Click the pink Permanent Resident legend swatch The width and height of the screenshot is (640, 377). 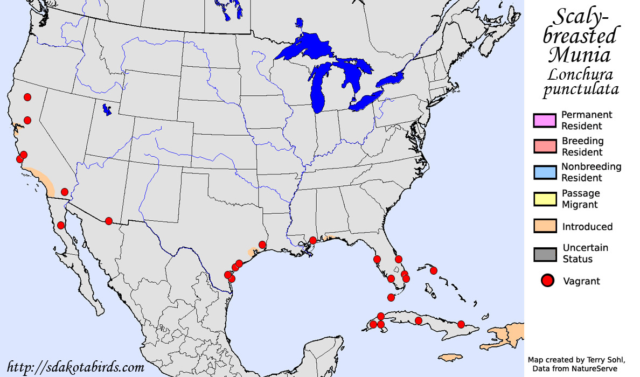[544, 121]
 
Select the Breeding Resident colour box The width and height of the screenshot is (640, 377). [544, 146]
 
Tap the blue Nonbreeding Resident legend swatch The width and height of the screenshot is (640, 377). [544, 172]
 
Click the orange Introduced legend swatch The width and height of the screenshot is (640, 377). [544, 226]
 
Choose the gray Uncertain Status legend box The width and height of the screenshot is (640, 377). [544, 254]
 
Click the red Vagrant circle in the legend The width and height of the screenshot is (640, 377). [548, 281]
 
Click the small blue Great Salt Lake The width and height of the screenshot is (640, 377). [108, 110]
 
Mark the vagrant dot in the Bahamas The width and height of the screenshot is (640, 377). [434, 270]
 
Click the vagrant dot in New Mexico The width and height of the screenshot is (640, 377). [109, 221]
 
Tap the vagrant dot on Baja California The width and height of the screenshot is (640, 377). [61, 225]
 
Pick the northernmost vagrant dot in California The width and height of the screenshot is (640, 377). [27, 97]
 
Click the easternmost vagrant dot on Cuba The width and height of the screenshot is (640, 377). [461, 324]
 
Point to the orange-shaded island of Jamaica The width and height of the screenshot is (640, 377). [451, 358]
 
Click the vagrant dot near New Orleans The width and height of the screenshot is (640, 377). [313, 240]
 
